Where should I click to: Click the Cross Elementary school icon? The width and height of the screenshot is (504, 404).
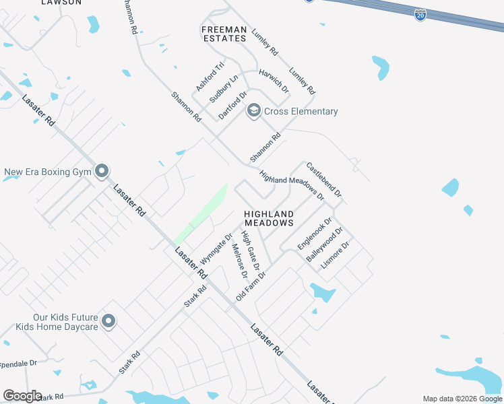point(253,111)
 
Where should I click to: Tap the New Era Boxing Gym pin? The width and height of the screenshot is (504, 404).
point(101,172)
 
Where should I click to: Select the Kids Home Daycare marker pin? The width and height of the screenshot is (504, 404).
point(108,321)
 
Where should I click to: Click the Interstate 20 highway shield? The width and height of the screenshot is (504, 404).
point(420,14)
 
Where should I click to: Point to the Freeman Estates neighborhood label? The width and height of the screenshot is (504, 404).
point(224,34)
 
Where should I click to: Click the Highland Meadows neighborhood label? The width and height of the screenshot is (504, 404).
point(269,217)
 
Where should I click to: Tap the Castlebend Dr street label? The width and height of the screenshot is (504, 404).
point(324,179)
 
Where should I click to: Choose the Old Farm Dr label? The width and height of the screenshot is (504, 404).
point(251,286)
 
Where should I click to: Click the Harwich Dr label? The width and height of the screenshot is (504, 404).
point(274,80)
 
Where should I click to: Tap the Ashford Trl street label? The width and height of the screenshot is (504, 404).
point(209,77)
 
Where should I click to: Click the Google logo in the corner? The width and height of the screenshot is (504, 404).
point(22,396)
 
